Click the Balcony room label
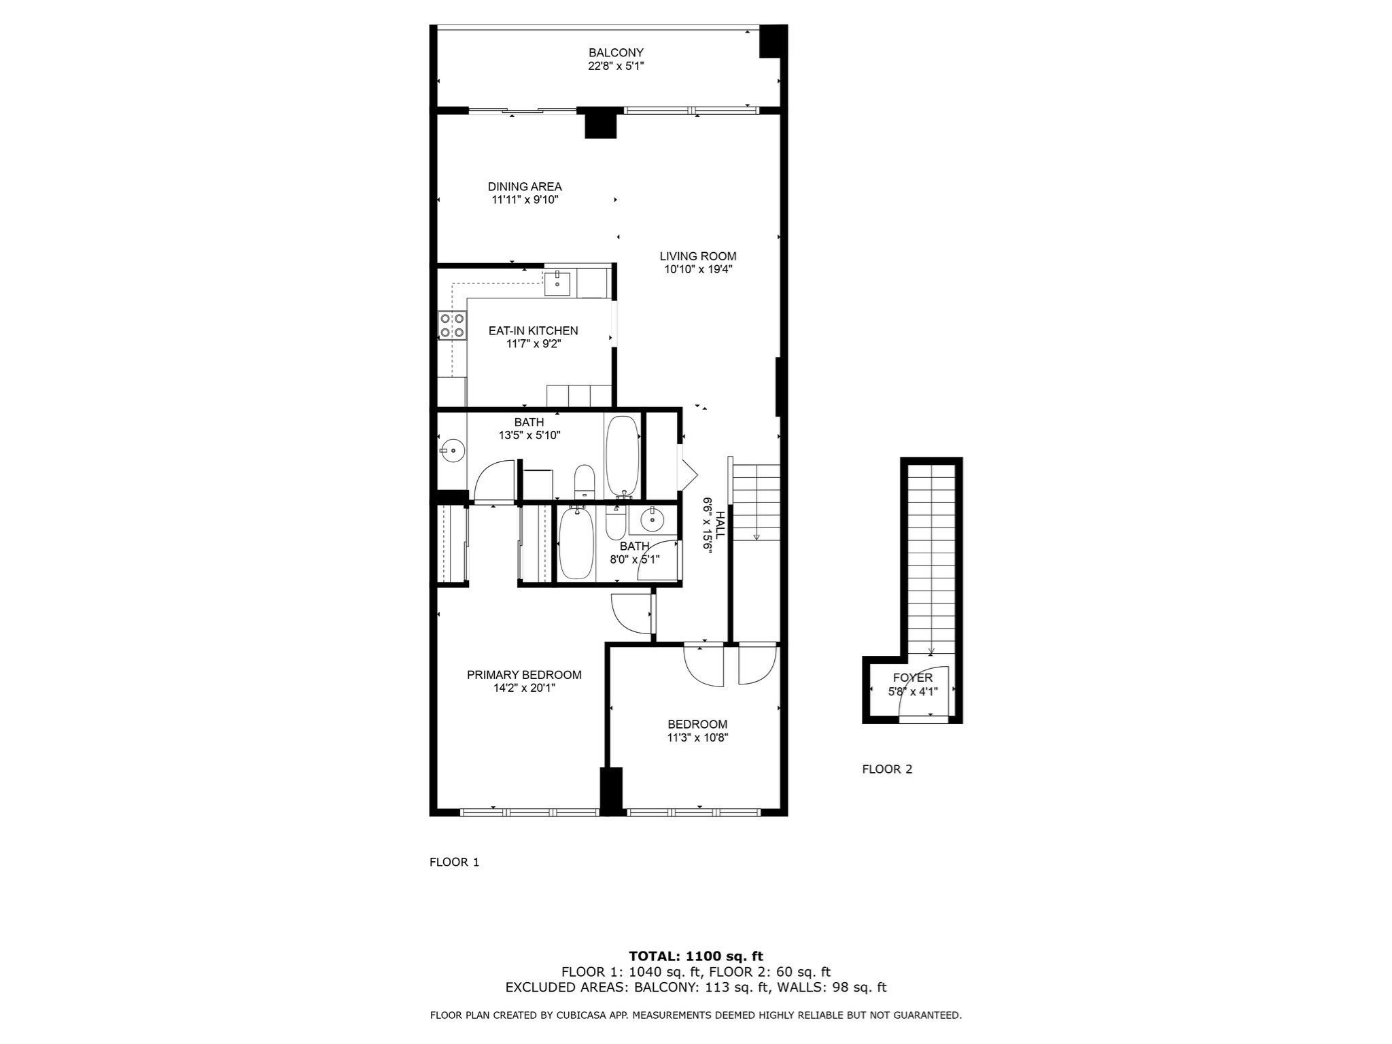point(616,53)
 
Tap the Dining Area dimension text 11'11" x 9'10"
point(525,200)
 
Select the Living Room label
point(698,256)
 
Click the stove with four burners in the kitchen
point(452,325)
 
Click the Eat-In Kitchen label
point(534,331)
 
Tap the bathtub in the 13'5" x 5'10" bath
point(622,455)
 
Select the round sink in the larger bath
point(451,449)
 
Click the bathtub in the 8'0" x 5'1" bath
point(576,544)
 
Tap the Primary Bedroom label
point(524,675)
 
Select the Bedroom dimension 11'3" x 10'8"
point(697,737)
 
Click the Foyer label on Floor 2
point(913,678)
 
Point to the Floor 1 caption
point(455,863)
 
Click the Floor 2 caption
point(887,769)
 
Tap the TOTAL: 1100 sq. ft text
point(696,956)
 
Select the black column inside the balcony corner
point(773,41)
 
